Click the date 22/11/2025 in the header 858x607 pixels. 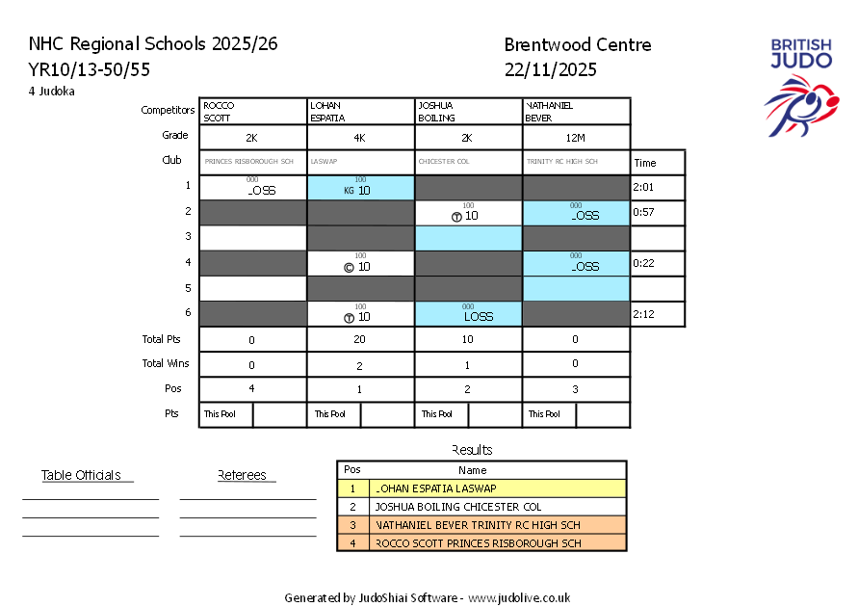coord(550,69)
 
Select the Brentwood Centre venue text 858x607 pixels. coord(577,45)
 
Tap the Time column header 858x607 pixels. coord(644,163)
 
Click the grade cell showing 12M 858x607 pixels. coord(576,138)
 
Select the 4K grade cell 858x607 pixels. coord(359,138)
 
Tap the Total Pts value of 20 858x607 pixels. coord(360,339)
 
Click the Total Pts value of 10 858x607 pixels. coord(468,339)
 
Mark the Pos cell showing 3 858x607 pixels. coord(576,389)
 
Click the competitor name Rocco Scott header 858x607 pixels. coord(252,111)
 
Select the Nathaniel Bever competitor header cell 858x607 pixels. coord(576,111)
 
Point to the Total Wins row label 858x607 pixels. coord(166,364)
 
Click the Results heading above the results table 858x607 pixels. coord(472,450)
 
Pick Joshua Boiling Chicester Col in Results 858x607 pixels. coord(458,507)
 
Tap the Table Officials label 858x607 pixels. coord(81,475)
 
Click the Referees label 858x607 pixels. coord(243,475)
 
